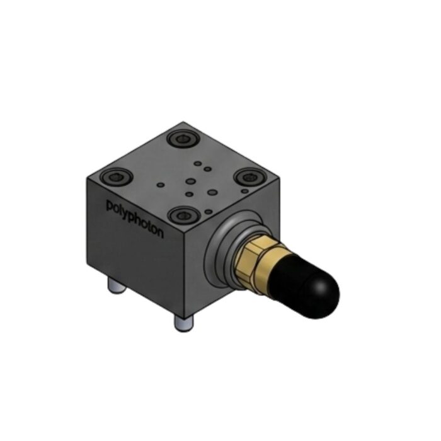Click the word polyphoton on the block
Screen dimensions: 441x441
[135, 219]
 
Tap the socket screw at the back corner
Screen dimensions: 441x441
[183, 139]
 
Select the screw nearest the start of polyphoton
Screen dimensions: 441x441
[117, 177]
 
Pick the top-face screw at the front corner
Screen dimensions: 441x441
[184, 215]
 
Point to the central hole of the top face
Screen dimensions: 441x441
[191, 181]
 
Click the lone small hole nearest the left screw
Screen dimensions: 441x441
[161, 185]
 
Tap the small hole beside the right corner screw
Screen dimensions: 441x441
[245, 191]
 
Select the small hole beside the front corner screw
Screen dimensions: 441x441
[209, 212]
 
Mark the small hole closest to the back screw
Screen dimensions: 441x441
[198, 163]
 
